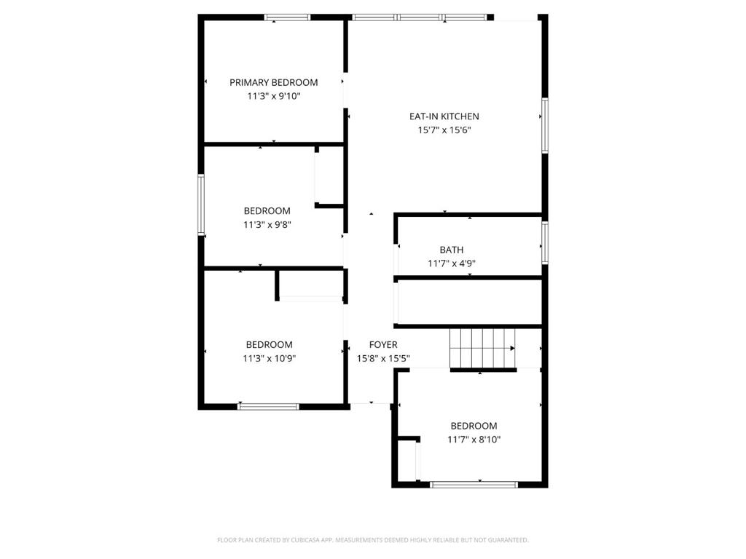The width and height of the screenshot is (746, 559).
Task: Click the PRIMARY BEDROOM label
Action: coord(274,83)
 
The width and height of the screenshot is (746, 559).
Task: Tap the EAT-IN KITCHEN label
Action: coord(444,116)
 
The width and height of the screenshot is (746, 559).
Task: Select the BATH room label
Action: coord(452,250)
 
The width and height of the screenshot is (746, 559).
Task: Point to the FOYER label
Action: coord(383,345)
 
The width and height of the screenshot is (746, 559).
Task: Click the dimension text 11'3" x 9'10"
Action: coord(274,97)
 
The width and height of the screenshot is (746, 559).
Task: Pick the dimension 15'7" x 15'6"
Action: coord(444,130)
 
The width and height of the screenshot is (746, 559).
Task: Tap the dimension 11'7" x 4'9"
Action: coord(452,263)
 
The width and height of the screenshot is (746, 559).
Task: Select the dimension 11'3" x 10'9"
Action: coord(270,359)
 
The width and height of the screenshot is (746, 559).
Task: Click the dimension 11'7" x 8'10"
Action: coord(474,440)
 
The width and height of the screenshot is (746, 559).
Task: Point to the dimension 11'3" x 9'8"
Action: coord(267,225)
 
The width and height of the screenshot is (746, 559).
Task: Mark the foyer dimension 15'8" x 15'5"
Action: coord(383,359)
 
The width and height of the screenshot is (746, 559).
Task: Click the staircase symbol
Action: coord(483,349)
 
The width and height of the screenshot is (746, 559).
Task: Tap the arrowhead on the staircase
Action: coord(512,349)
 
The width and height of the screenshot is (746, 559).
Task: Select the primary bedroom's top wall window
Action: coord(287,17)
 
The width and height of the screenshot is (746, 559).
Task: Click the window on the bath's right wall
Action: coord(545,242)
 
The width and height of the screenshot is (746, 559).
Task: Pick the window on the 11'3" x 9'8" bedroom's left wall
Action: coord(201,205)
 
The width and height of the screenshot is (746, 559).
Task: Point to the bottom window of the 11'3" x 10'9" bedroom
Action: coord(268,406)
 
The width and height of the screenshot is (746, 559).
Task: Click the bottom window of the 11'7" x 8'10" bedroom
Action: coord(474,485)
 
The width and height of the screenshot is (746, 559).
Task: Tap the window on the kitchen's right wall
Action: coord(545,125)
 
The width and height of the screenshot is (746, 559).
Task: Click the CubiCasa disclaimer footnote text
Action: coord(373,540)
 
